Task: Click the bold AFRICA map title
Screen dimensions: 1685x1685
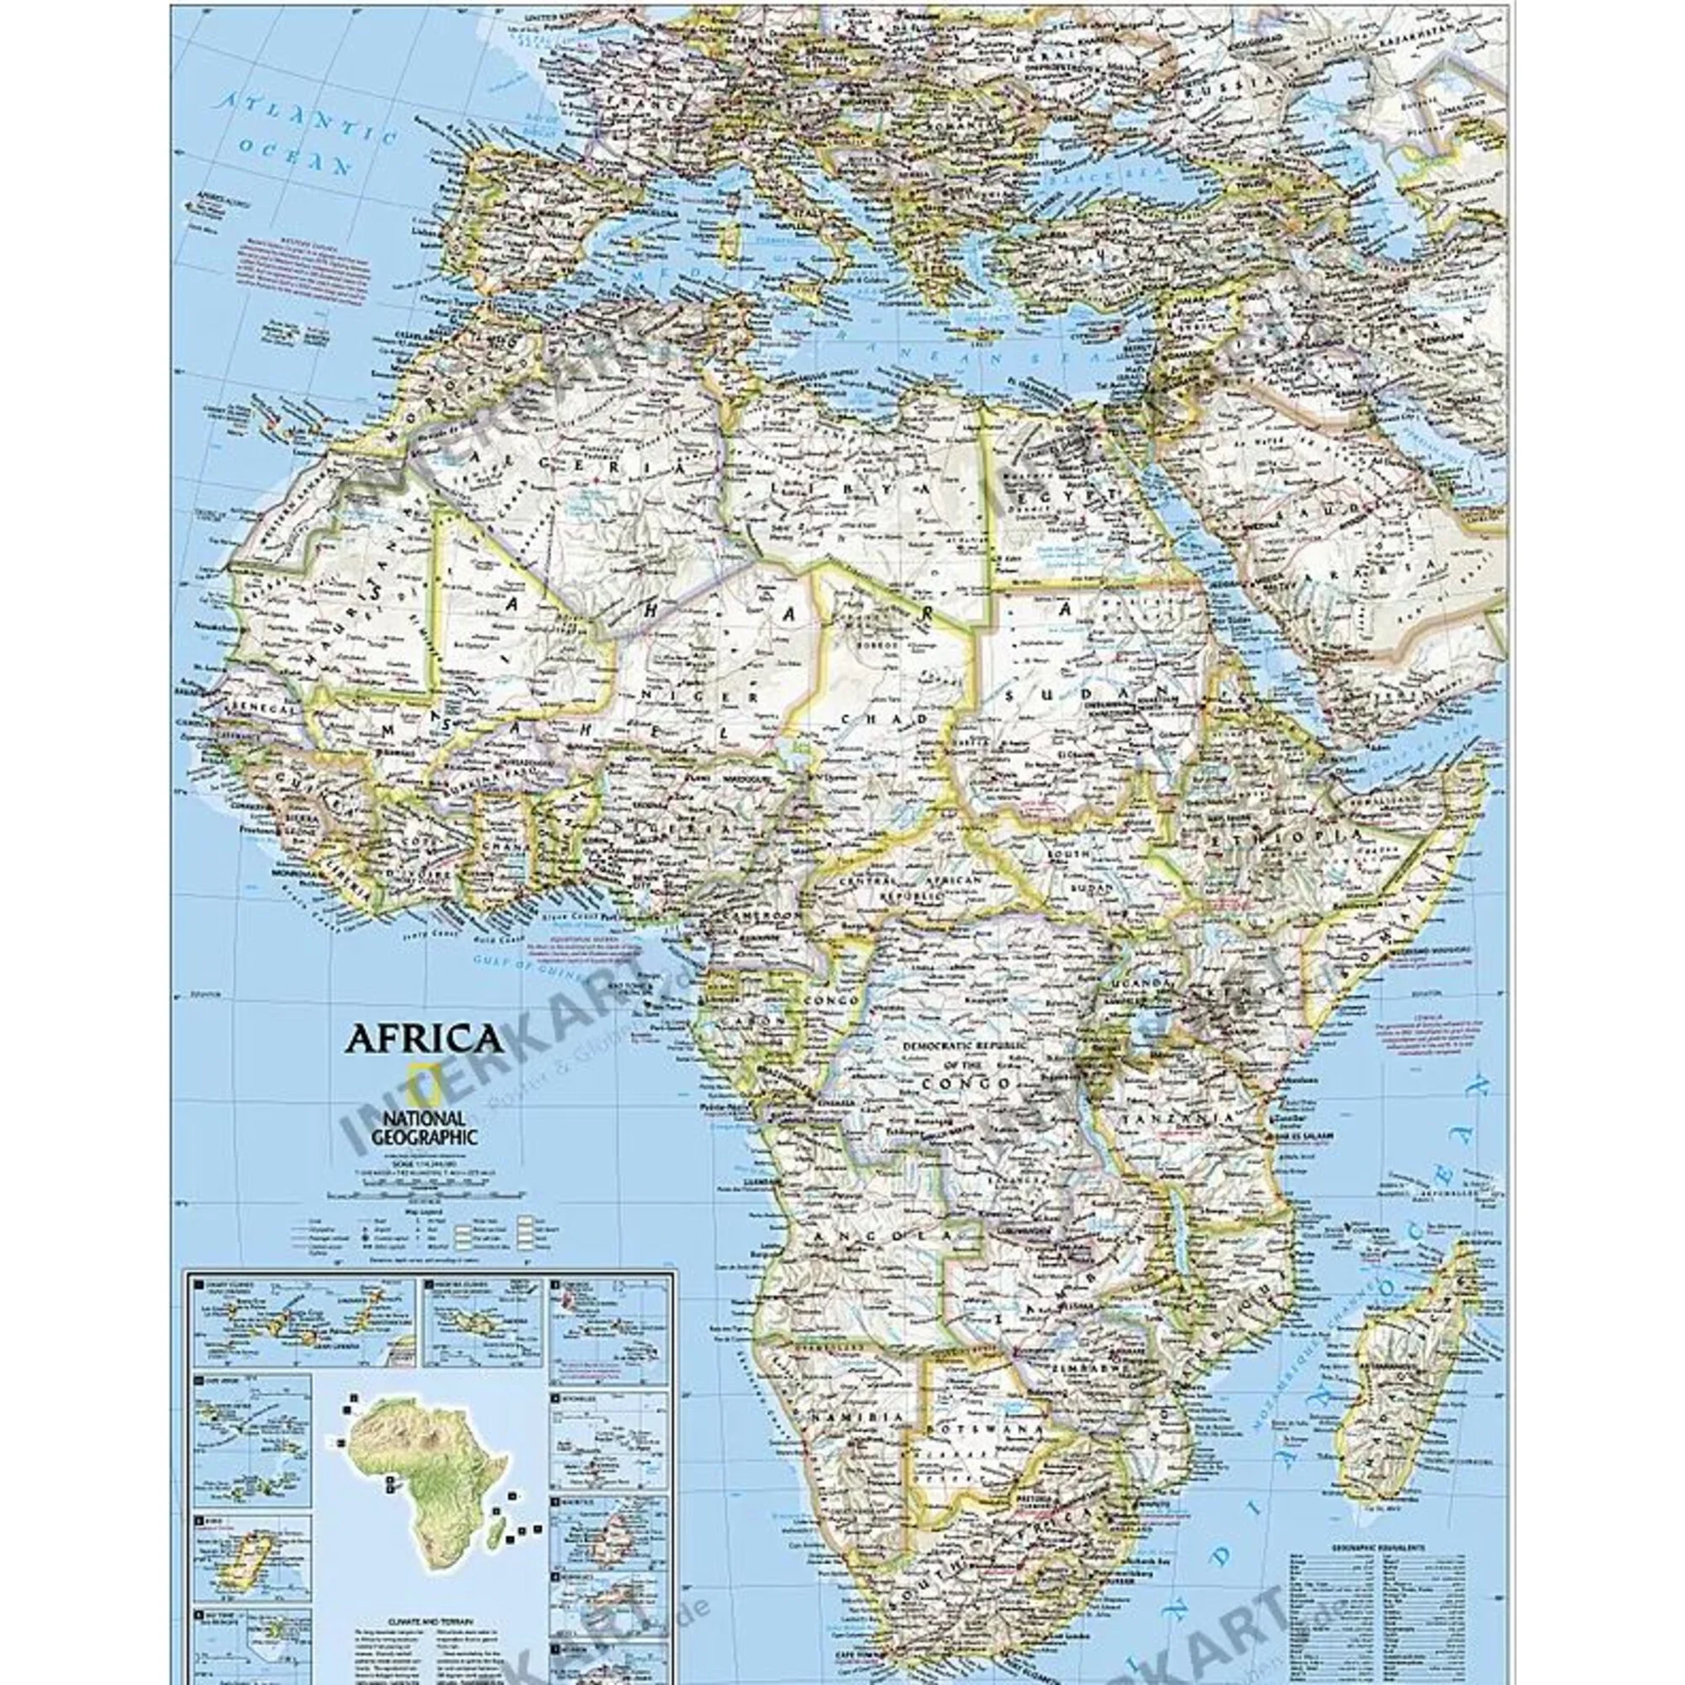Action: click(x=425, y=1039)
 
